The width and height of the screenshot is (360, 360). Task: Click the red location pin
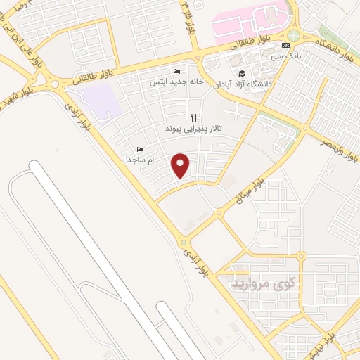[x=182, y=165]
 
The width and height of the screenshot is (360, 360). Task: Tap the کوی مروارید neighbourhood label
[x=266, y=285]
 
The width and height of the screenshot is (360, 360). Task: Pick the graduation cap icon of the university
[x=242, y=73]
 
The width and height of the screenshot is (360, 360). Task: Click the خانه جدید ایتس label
[x=176, y=82]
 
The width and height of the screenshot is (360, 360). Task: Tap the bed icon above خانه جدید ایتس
[x=176, y=71]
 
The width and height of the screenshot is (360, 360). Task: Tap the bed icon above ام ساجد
[x=140, y=149]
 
